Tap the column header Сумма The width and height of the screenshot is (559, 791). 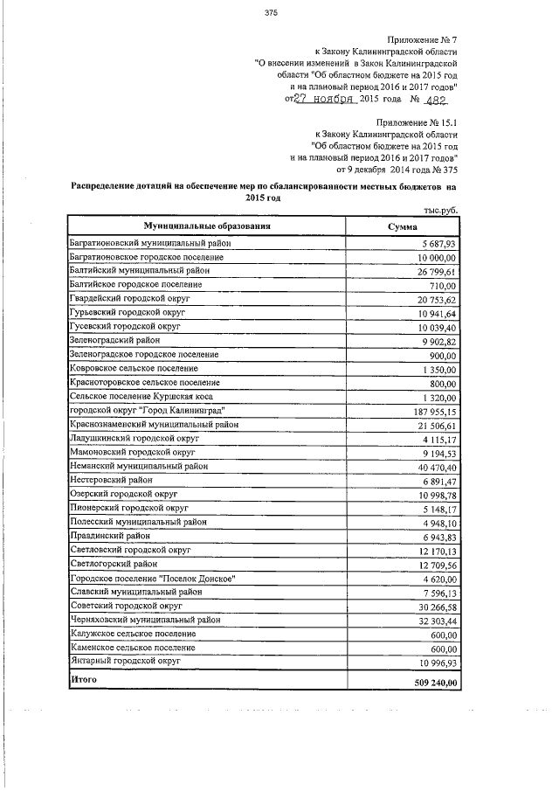point(402,226)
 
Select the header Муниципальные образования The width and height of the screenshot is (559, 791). point(207,226)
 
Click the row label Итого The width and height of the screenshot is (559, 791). point(84,679)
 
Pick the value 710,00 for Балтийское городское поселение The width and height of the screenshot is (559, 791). point(444,285)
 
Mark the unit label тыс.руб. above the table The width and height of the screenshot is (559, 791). point(440,210)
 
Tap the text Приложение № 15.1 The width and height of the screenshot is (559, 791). point(418,123)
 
